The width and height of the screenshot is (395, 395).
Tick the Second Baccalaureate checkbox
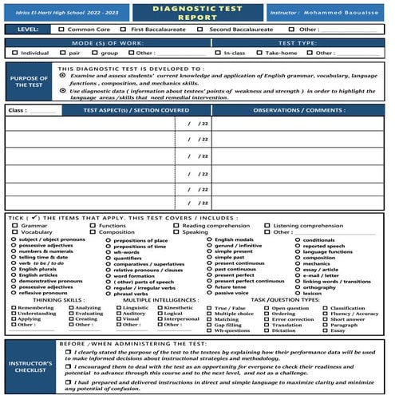click(x=201, y=29)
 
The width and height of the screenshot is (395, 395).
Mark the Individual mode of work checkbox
click(x=15, y=53)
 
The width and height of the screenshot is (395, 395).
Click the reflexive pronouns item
click(x=39, y=294)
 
